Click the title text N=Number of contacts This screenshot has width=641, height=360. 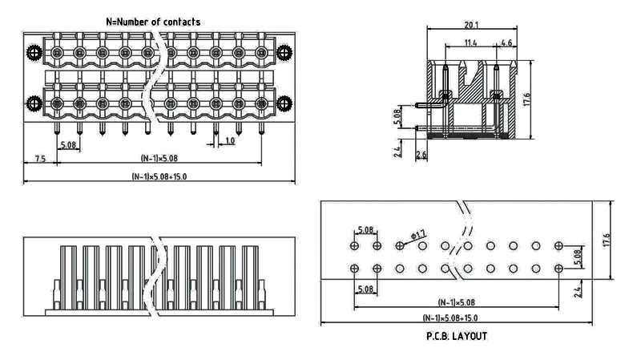pyautogui.click(x=153, y=22)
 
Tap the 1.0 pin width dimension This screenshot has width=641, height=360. pyautogui.click(x=230, y=140)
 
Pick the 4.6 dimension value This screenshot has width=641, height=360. pyautogui.click(x=506, y=42)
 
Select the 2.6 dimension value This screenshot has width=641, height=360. pyautogui.click(x=422, y=153)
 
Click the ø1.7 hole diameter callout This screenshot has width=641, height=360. pyautogui.click(x=419, y=234)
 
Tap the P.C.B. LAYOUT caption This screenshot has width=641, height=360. pyautogui.click(x=456, y=337)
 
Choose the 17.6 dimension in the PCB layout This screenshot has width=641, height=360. pyautogui.click(x=607, y=240)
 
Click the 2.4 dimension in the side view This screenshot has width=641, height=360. pyautogui.click(x=398, y=150)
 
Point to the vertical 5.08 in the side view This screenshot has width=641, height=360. pyautogui.click(x=398, y=117)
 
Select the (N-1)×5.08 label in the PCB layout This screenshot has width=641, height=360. pyautogui.click(x=456, y=302)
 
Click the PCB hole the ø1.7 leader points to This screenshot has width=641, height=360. pyautogui.click(x=400, y=245)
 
